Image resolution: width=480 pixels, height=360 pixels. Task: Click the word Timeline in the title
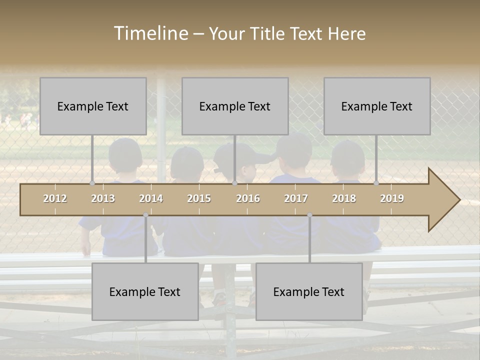[150, 33]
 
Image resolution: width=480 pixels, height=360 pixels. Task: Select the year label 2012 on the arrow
[55, 198]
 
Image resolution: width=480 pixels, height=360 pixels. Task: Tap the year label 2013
[103, 198]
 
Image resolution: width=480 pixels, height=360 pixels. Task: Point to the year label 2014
[151, 198]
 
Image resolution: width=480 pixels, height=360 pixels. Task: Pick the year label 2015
[199, 198]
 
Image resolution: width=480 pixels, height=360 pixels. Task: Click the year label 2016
[248, 198]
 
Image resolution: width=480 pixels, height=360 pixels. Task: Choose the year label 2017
[296, 198]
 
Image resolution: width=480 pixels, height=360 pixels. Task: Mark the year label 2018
[344, 198]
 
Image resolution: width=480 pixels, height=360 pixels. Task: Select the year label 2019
[392, 198]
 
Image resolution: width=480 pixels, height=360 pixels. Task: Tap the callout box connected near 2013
[93, 106]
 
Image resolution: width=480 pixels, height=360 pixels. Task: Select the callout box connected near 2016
[235, 106]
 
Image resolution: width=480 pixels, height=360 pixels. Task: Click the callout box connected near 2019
[377, 106]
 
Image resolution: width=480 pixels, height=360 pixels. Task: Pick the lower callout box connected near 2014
[145, 291]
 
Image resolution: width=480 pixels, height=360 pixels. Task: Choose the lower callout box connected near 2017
[309, 291]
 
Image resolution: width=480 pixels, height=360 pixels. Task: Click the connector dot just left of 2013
[92, 183]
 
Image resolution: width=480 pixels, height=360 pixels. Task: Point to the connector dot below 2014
[145, 215]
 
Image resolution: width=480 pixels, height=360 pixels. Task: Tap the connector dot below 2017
[309, 215]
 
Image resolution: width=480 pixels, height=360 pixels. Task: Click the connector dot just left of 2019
[376, 183]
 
